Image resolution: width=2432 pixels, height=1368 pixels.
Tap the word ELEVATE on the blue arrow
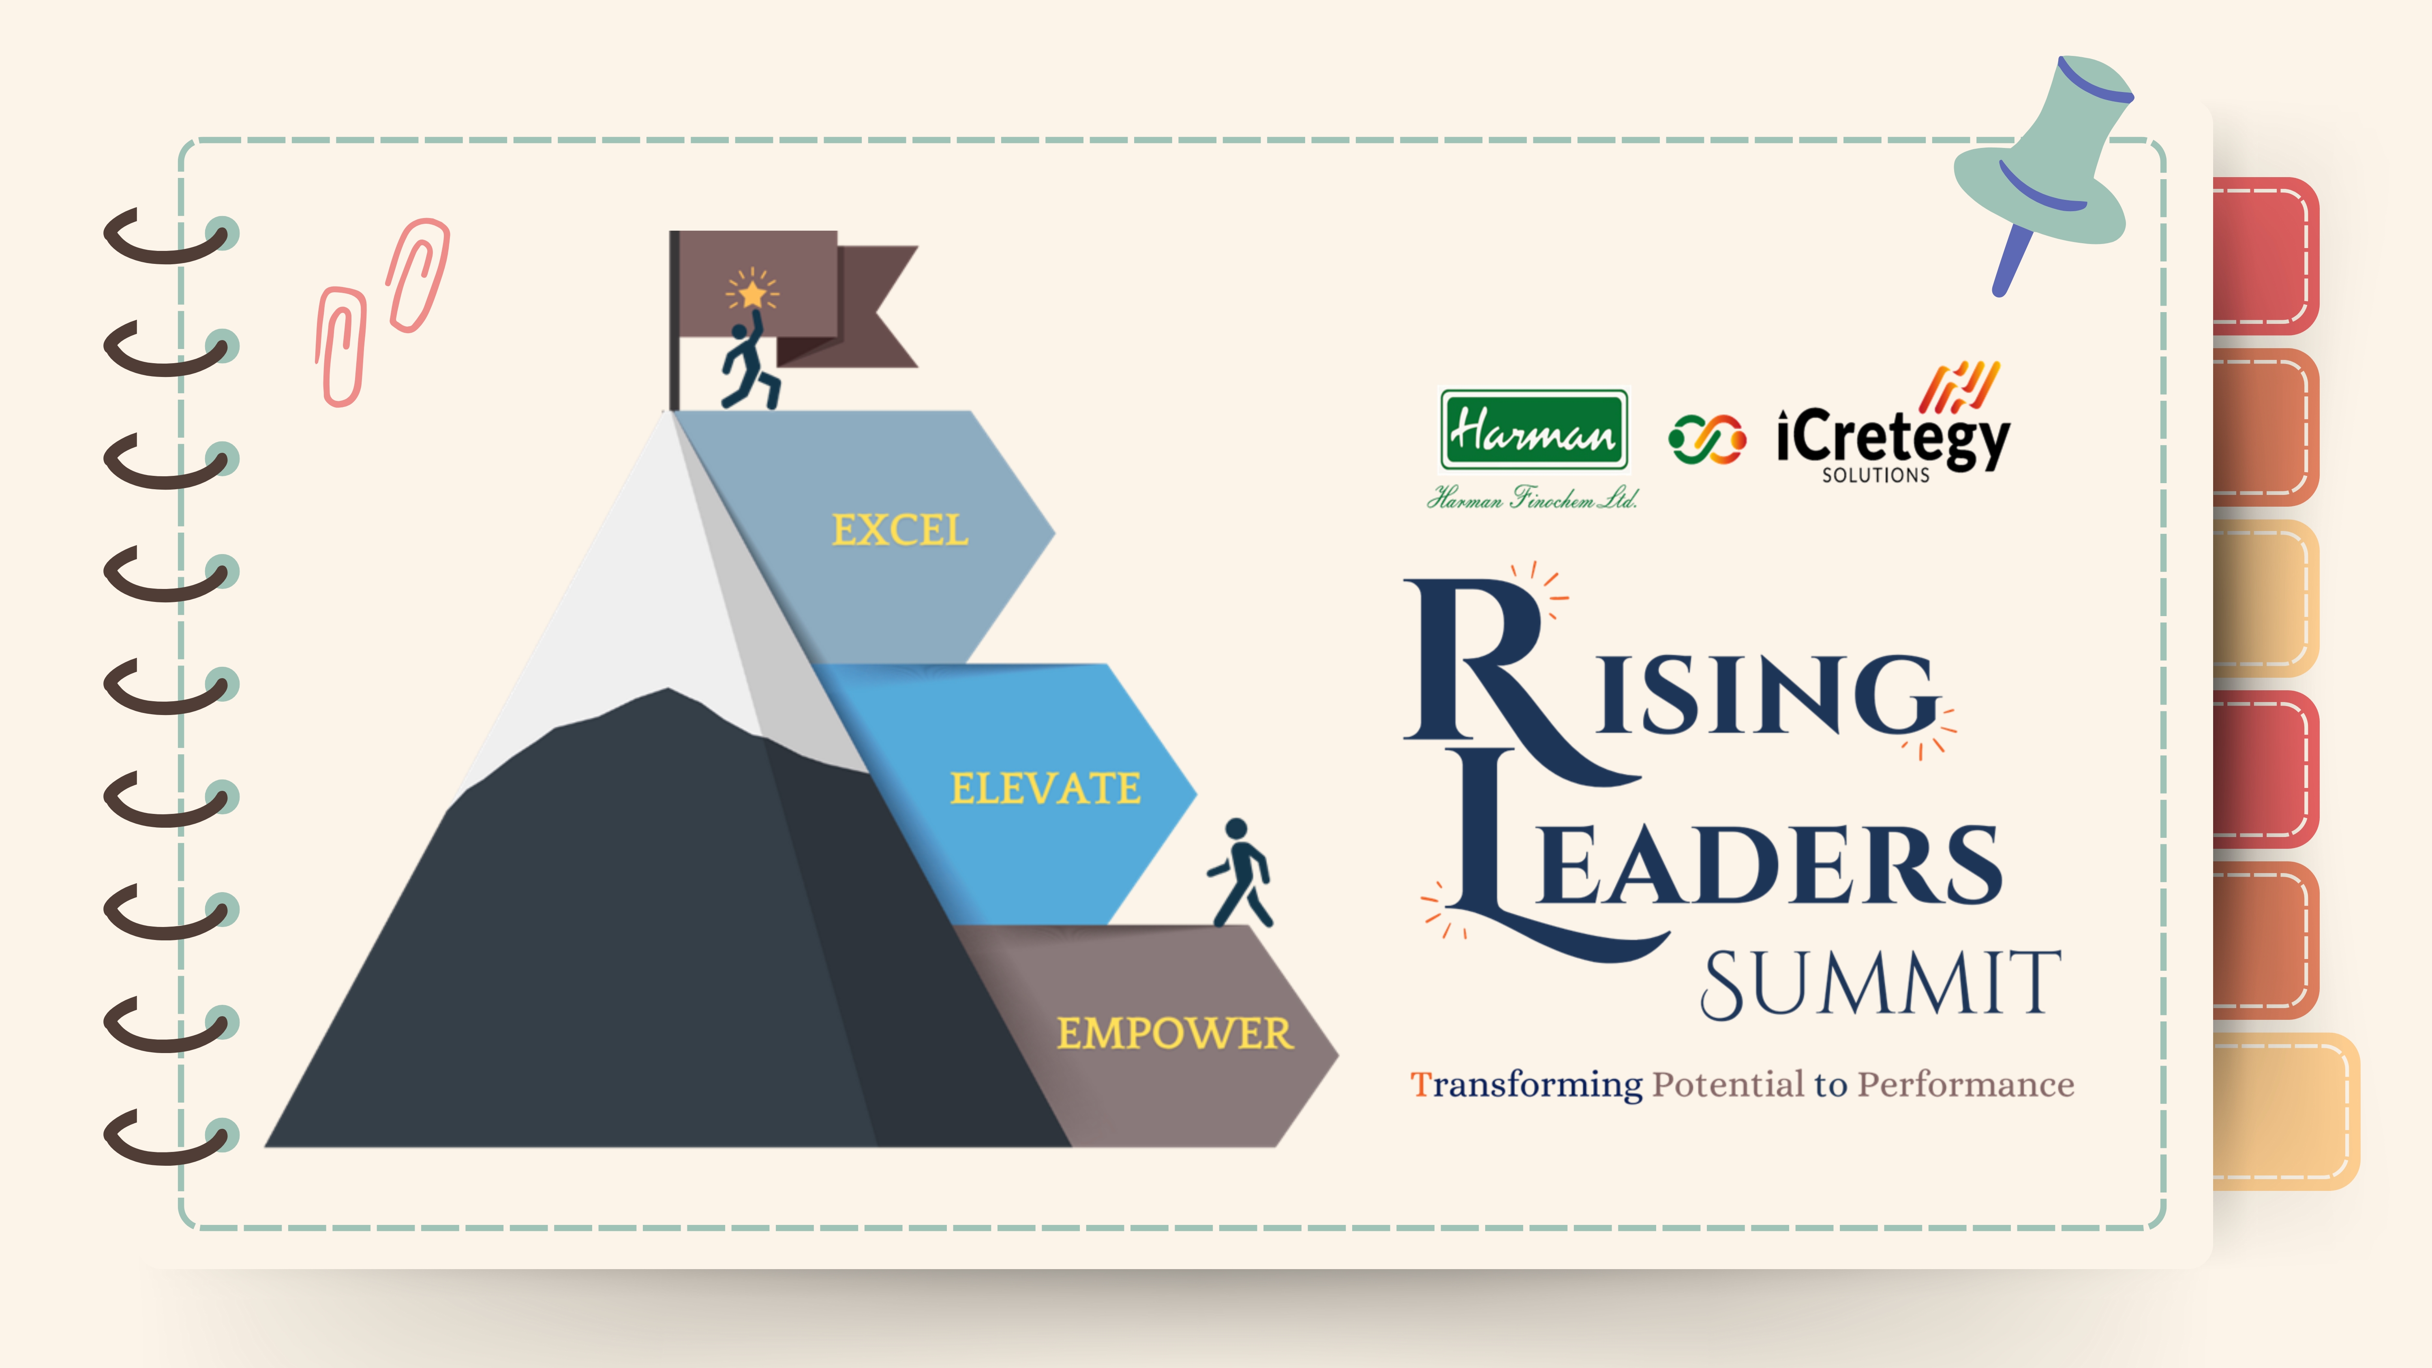[1045, 788]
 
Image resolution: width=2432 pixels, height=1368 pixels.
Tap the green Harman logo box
[1533, 430]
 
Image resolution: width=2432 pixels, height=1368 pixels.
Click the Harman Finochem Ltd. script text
[1531, 497]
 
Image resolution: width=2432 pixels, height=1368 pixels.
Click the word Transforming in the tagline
[1526, 1085]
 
